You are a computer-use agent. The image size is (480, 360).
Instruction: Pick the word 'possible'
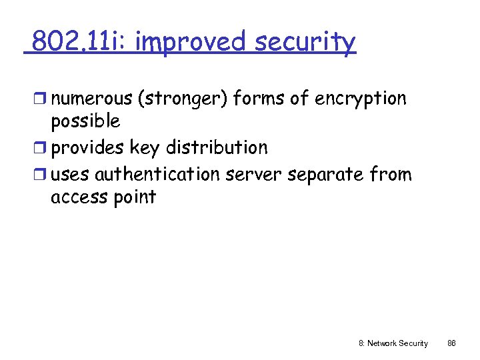point(85,122)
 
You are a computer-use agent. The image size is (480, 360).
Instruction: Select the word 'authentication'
point(157,175)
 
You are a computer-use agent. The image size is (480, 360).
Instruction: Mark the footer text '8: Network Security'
point(393,343)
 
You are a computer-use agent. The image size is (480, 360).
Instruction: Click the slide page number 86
point(451,343)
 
